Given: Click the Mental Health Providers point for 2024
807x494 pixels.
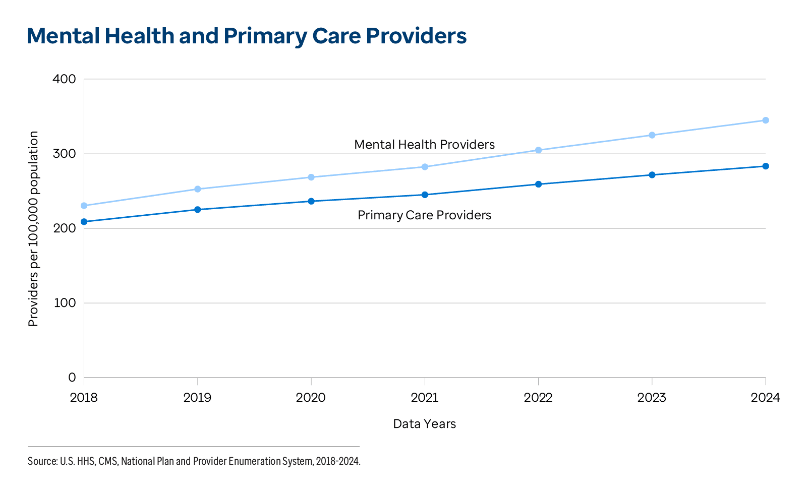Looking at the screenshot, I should coord(765,120).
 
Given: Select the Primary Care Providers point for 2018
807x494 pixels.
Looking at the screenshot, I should coord(84,222).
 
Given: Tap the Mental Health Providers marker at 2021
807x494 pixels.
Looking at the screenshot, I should coord(425,167).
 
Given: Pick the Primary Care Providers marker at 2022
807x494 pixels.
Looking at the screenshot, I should coord(538,184).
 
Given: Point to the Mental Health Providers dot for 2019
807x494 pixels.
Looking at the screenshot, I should coord(198,189).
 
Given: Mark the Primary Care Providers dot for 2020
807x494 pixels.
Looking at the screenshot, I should coord(311,201).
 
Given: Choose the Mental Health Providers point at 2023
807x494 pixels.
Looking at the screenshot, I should coord(652,135).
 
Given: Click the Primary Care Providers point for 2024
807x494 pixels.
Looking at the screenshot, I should coord(765,166).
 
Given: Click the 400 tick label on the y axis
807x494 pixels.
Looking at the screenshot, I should coord(64,79).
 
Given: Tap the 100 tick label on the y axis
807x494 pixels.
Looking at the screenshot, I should coord(64,303).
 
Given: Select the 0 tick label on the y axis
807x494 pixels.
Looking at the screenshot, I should coord(72,378).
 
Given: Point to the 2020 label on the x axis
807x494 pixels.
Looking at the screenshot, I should coord(311,398).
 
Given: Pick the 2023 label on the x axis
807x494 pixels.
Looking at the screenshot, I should coord(652,398).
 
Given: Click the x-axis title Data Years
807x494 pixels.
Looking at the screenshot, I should coord(424,424).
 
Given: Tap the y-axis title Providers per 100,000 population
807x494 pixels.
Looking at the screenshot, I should coord(33,228).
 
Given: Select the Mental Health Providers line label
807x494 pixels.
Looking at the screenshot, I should coord(424,145).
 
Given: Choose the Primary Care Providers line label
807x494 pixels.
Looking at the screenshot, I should coord(424,215).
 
